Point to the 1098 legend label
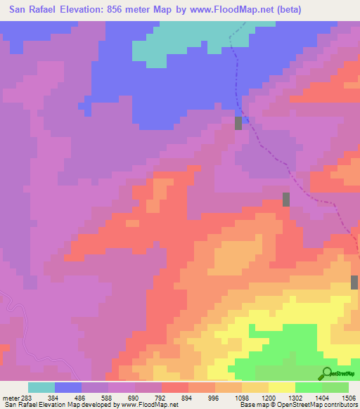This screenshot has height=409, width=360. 242,398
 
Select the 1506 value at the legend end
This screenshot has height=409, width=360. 348,398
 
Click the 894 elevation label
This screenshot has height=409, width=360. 187,398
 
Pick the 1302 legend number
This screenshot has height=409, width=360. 295,398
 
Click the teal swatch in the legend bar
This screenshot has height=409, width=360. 41,387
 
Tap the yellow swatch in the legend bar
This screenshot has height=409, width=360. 281,387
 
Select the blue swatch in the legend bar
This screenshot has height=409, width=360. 68,387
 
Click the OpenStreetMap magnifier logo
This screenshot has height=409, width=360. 327,373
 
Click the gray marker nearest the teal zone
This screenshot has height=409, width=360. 238,123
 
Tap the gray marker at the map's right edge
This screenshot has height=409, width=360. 354,283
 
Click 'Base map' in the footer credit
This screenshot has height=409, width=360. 253,405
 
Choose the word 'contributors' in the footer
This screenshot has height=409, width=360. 340,405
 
